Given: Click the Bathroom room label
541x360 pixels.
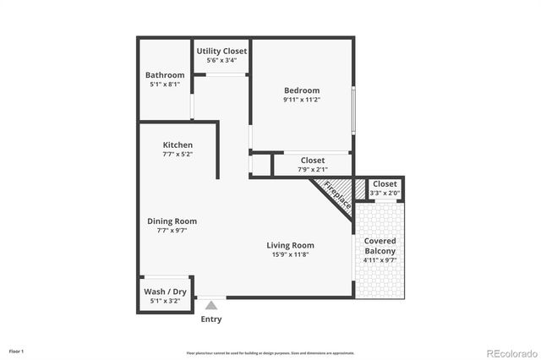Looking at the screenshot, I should coord(165,75).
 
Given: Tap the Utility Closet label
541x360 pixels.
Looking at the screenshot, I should coord(221,52).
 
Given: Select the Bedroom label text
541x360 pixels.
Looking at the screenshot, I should coord(302,90).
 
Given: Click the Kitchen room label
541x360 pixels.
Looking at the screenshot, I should coord(178,145).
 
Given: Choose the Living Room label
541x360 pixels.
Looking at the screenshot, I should coord(291,245).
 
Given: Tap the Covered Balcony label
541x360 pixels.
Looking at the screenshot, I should coord(380,246).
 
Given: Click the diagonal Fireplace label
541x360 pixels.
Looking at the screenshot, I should coord(338,196).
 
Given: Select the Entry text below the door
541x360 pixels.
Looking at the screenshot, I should coord(211,319).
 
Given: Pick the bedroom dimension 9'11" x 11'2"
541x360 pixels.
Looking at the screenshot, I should coord(302,100).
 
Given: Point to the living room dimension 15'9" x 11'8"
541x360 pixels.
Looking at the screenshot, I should coord(291,254).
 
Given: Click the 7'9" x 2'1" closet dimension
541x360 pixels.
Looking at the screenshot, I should coord(312,170).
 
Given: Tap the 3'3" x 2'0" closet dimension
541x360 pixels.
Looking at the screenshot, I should coord(385,194).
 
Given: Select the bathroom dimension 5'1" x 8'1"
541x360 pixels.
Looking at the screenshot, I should coord(165,85).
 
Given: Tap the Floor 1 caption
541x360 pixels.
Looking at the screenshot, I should coord(17,350).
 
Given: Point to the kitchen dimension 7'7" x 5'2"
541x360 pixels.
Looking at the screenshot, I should coord(178,155).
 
